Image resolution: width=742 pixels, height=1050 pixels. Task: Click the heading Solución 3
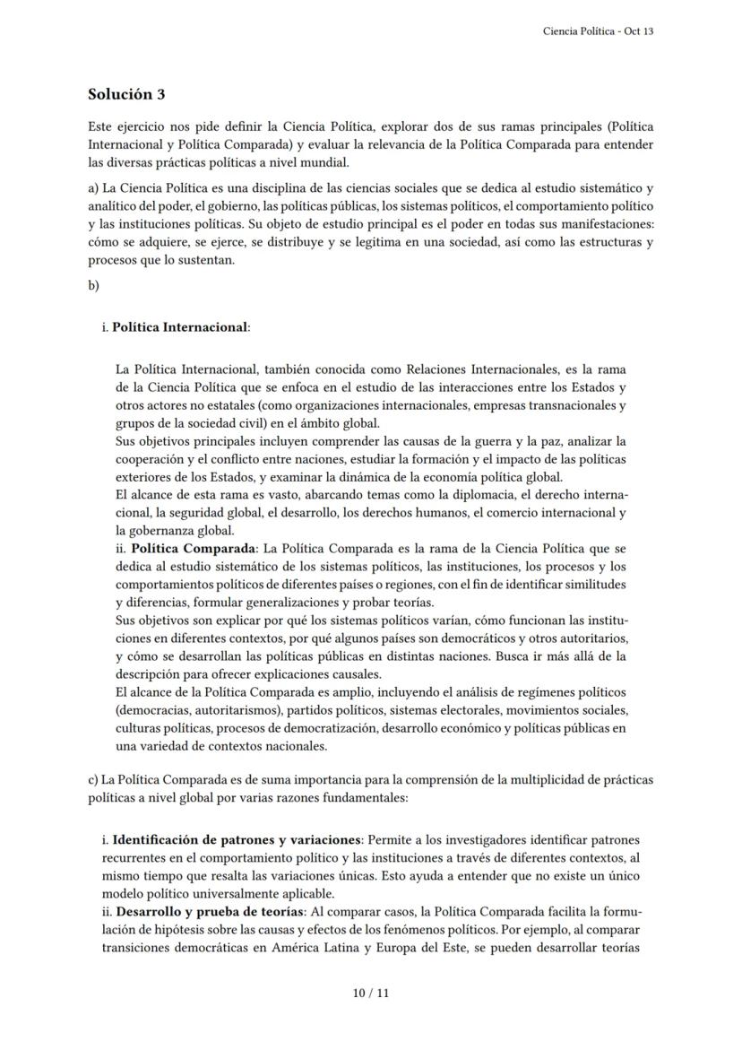(126, 94)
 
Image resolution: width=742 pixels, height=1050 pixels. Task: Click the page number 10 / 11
(371, 993)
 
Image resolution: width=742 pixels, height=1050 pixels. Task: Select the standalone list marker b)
(93, 285)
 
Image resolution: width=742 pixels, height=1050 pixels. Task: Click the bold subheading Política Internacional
(179, 327)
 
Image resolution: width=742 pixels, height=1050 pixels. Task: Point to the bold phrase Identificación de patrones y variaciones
(236, 839)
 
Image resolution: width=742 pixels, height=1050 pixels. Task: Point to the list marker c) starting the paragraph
(93, 779)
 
